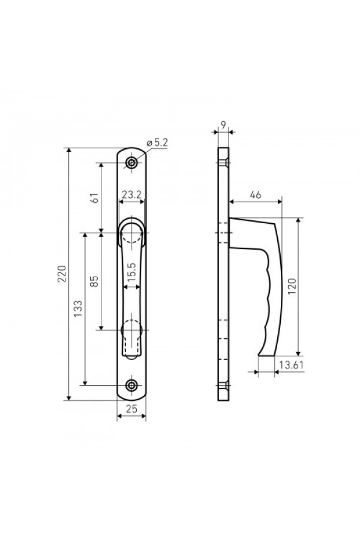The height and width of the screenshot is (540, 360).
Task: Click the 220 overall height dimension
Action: pos(62,274)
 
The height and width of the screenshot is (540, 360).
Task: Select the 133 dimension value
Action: pos(78,308)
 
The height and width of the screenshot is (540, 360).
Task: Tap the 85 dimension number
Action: pos(94,281)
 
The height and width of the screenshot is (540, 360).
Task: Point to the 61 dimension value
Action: pos(95,198)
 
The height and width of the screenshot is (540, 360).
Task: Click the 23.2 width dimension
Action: pos(131,195)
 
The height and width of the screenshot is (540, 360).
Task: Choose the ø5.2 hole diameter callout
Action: pos(157,143)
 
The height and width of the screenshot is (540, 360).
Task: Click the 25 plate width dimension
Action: pos(131,409)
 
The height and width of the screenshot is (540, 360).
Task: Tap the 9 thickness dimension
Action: pos(223,125)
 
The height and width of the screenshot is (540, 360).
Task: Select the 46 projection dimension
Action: pos(255,195)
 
